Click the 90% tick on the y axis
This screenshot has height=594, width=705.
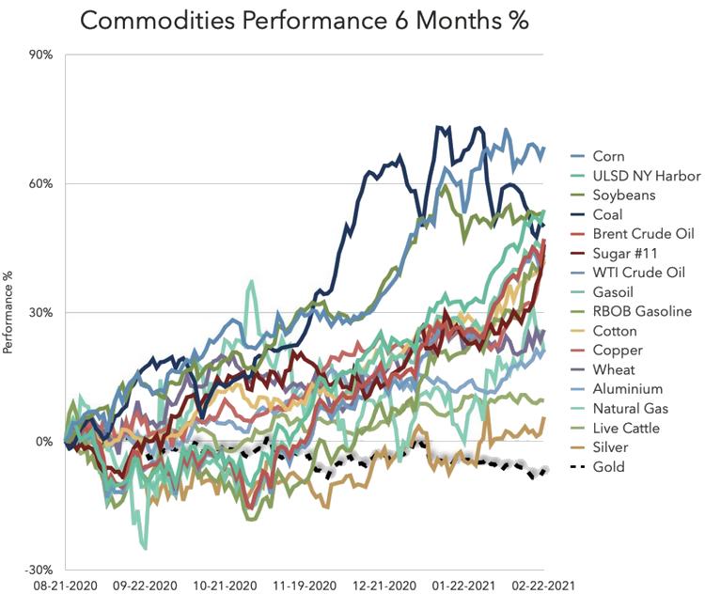(x=40, y=55)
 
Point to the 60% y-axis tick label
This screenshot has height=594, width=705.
(x=40, y=183)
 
